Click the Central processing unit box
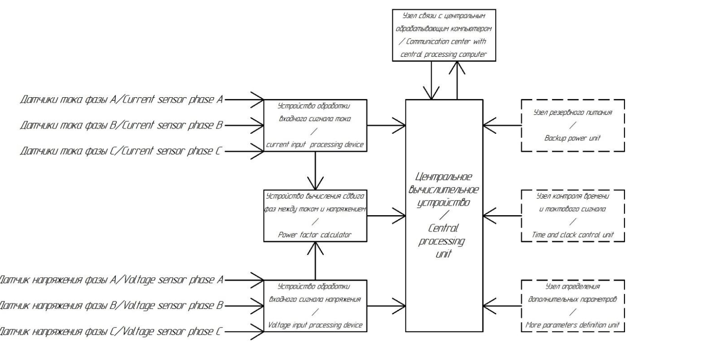pyautogui.click(x=444, y=215)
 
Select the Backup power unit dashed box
pyautogui.click(x=572, y=125)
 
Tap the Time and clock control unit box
pyautogui.click(x=572, y=216)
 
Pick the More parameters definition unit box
pyautogui.click(x=572, y=305)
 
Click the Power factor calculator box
pyautogui.click(x=315, y=216)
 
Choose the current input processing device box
pyautogui.click(x=315, y=125)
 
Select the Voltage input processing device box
pyautogui.click(x=315, y=305)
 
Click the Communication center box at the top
pyautogui.click(x=444, y=35)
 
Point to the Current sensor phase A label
pyautogui.click(x=121, y=99)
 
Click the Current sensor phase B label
pyautogui.click(x=121, y=125)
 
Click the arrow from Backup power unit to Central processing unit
pyautogui.click(x=502, y=125)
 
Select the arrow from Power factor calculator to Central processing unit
pyautogui.click(x=386, y=216)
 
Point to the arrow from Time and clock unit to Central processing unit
pyautogui.click(x=502, y=216)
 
